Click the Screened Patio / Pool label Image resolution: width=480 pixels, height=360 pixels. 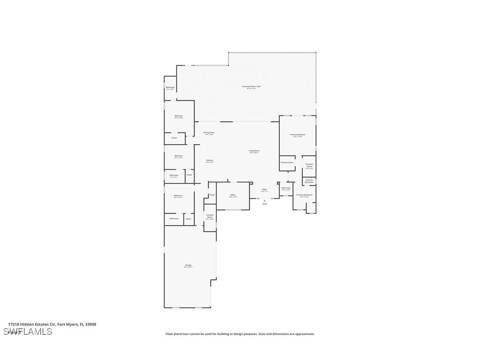pyautogui.click(x=251, y=87)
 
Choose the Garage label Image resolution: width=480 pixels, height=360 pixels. pyautogui.click(x=188, y=266)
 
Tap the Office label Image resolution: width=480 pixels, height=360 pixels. pyautogui.click(x=233, y=195)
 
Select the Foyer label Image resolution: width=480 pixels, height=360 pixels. pyautogui.click(x=264, y=190)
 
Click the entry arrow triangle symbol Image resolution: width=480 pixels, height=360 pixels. pyautogui.click(x=265, y=200)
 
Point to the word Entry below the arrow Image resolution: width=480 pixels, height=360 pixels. pyautogui.click(x=265, y=204)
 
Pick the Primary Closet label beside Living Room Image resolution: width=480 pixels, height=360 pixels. pyautogui.click(x=287, y=162)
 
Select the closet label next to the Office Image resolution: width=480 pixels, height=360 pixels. pyautogui.click(x=212, y=195)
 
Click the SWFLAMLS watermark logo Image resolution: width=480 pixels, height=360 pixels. pyautogui.click(x=27, y=331)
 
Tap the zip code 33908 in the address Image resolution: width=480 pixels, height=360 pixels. pyautogui.click(x=91, y=324)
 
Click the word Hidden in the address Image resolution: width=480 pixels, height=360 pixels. pyautogui.click(x=31, y=324)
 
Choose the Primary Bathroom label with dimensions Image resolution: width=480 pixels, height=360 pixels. pyautogui.click(x=305, y=195)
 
